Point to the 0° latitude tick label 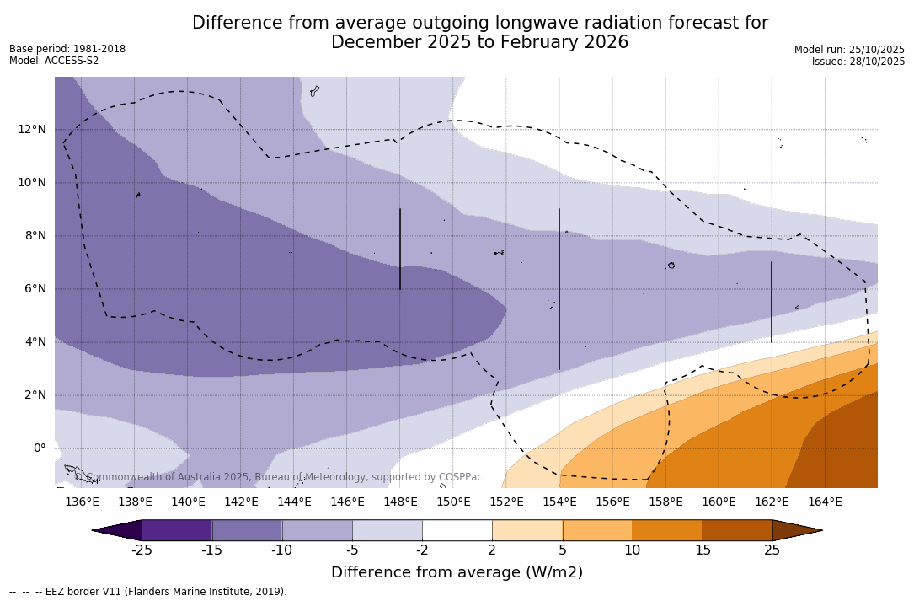pyautogui.click(x=39, y=448)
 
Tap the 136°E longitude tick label pyautogui.click(x=82, y=502)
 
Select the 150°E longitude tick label pyautogui.click(x=453, y=502)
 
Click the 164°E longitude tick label pyautogui.click(x=825, y=502)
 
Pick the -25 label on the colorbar pyautogui.click(x=142, y=550)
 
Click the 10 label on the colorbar pyautogui.click(x=632, y=550)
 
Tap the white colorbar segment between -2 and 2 pyautogui.click(x=457, y=530)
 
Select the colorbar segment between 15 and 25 pyautogui.click(x=737, y=530)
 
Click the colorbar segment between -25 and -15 pyautogui.click(x=177, y=530)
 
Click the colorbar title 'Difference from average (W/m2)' pyautogui.click(x=457, y=573)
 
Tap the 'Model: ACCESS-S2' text pyautogui.click(x=54, y=61)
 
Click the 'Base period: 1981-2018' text pyautogui.click(x=67, y=49)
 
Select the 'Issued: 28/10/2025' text pyautogui.click(x=858, y=62)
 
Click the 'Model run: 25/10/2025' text pyautogui.click(x=849, y=50)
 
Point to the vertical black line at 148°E pyautogui.click(x=400, y=249)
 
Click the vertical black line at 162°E pyautogui.click(x=772, y=302)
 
